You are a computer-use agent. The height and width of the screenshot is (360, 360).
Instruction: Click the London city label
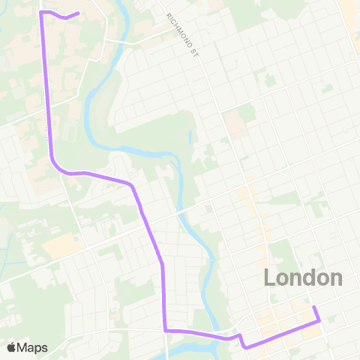(303, 277)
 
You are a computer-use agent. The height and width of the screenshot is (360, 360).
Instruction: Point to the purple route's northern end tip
(78, 12)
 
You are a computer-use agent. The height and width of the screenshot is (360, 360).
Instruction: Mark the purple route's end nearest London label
(313, 307)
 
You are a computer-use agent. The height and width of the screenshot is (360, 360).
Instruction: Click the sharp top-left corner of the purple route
(40, 13)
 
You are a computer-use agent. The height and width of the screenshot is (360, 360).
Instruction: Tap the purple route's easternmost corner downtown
(319, 321)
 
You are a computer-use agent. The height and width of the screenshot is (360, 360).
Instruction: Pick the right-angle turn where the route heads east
(164, 330)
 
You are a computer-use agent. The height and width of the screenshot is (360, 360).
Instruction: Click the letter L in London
(270, 277)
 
